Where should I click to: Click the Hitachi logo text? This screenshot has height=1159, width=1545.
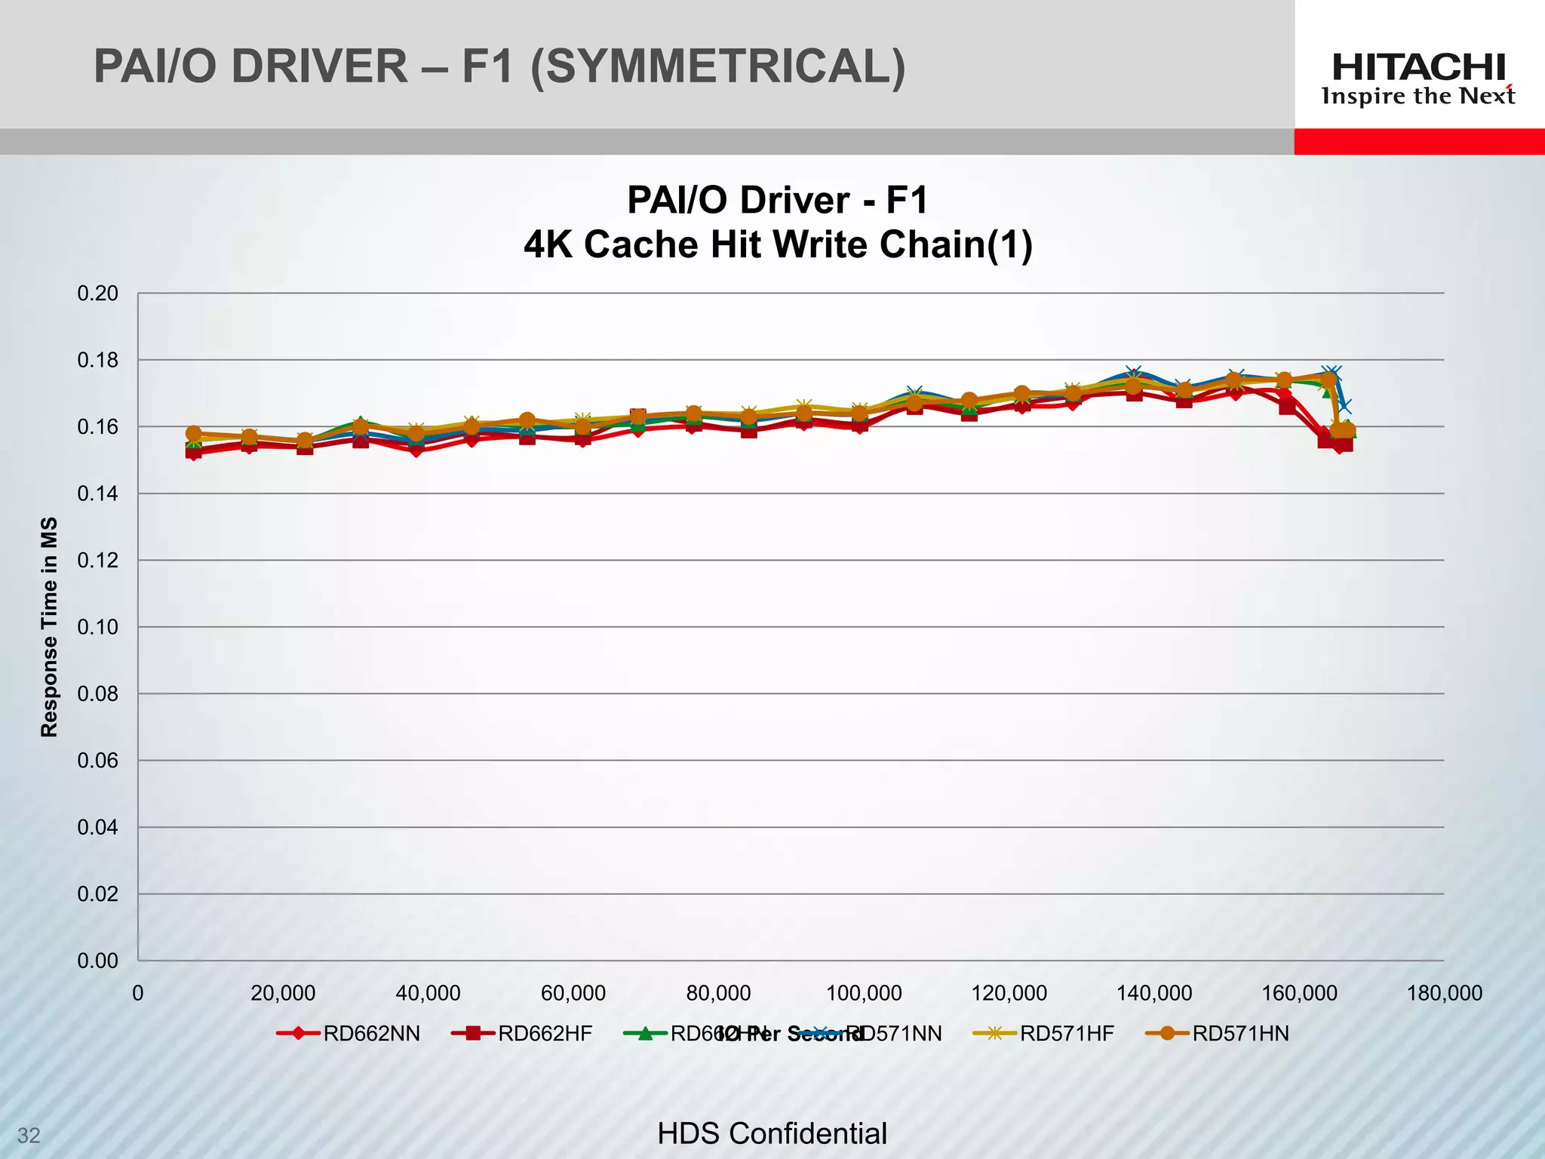[x=1418, y=67]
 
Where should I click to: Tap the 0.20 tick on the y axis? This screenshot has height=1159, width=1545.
[x=98, y=294]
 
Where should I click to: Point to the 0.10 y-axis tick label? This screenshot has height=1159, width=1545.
[x=98, y=627]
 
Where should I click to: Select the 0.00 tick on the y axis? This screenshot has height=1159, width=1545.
[x=98, y=961]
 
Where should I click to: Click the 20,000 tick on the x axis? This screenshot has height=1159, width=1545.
[x=283, y=993]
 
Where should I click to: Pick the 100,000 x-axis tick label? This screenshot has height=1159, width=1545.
[x=864, y=993]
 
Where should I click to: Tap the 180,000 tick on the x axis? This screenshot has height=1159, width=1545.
[x=1444, y=993]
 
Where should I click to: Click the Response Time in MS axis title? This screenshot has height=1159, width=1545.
[x=49, y=627]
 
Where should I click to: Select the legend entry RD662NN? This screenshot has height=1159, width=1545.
[x=371, y=1034]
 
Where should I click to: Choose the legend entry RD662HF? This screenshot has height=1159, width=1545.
[x=545, y=1034]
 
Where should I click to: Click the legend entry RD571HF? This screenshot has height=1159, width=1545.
[x=1066, y=1034]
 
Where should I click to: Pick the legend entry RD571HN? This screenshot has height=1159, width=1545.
[x=1239, y=1034]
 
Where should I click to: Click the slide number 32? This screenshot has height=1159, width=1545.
[x=29, y=1136]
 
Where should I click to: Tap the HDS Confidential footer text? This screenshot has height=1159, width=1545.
[x=772, y=1133]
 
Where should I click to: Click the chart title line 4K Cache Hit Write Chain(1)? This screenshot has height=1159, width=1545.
[x=778, y=244]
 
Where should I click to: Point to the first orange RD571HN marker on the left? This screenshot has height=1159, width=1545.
[x=193, y=434]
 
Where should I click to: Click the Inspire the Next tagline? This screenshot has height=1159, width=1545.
[x=1418, y=97]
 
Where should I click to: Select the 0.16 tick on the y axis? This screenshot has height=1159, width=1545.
[x=98, y=427]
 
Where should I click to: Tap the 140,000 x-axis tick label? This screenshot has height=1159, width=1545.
[x=1154, y=993]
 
